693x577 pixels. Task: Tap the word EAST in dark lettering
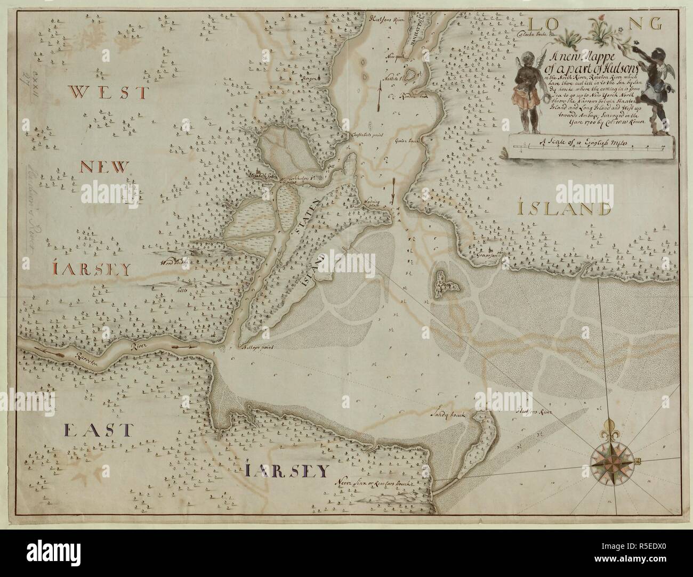coord(97,429)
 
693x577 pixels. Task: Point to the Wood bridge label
coord(173,262)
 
